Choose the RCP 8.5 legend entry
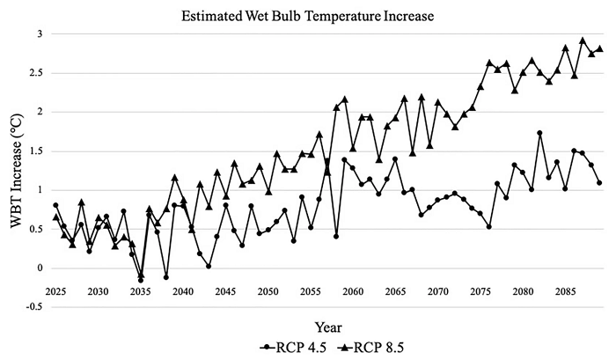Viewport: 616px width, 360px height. pyautogui.click(x=363, y=344)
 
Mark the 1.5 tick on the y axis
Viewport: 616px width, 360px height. pyautogui.click(x=35, y=151)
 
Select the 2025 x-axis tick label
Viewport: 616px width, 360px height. pyautogui.click(x=55, y=291)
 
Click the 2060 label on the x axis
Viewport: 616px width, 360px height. pyautogui.click(x=352, y=291)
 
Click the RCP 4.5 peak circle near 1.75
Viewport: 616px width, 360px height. pyautogui.click(x=539, y=133)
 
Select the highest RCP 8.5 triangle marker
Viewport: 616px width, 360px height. pyautogui.click(x=583, y=40)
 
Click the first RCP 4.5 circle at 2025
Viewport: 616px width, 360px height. pyautogui.click(x=55, y=205)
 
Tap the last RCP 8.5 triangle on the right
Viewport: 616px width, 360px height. pyautogui.click(x=600, y=48)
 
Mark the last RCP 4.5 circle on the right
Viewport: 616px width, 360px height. pyautogui.click(x=600, y=183)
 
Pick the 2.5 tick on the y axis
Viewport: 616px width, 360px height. pyautogui.click(x=35, y=72)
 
